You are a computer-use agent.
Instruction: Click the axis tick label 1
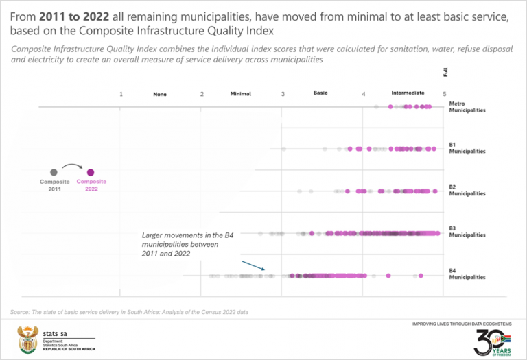(x=121, y=94)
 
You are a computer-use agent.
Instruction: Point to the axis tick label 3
(x=283, y=94)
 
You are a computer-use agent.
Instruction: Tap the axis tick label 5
(x=445, y=94)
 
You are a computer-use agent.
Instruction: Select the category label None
(x=160, y=94)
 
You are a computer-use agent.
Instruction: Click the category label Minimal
(x=241, y=94)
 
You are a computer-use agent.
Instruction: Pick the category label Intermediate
(x=408, y=93)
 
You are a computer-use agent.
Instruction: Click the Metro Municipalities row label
(x=467, y=107)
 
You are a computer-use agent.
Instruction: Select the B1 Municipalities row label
(x=467, y=148)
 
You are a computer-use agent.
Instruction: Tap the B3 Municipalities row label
(x=467, y=232)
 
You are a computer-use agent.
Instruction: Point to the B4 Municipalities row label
(x=467, y=274)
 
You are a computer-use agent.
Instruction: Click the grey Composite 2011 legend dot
(x=54, y=172)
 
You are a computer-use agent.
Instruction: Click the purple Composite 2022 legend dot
(x=91, y=172)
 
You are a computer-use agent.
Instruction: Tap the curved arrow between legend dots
(x=72, y=166)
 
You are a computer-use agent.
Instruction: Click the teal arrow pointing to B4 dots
(x=252, y=266)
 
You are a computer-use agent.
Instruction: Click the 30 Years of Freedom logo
(x=493, y=341)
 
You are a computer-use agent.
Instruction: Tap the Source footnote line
(x=130, y=312)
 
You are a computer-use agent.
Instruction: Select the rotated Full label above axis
(x=446, y=71)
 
